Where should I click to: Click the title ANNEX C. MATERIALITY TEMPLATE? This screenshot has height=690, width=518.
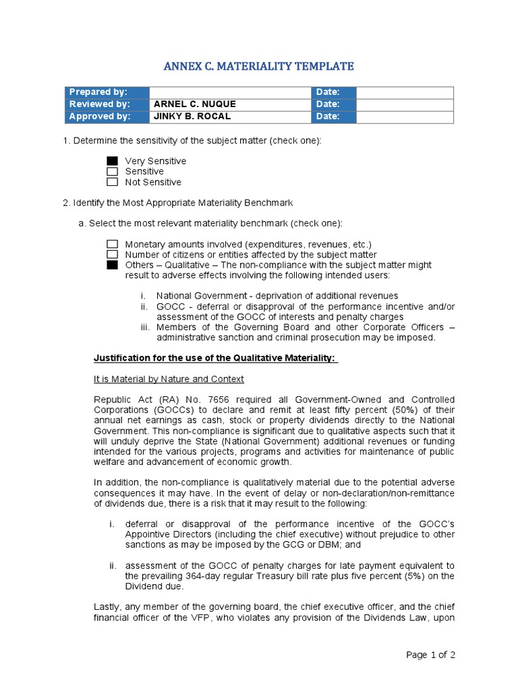[259, 66]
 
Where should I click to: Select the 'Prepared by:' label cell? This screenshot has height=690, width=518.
[107, 92]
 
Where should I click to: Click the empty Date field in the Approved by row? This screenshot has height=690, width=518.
[405, 117]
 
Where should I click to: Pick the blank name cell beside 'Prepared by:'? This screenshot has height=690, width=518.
[229, 92]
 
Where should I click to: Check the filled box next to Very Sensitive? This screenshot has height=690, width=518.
[112, 161]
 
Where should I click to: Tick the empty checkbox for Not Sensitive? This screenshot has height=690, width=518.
[112, 182]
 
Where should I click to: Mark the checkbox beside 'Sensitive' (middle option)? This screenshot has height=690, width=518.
[112, 172]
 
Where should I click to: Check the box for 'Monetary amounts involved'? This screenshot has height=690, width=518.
[112, 245]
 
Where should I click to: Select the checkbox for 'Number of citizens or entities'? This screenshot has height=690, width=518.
[112, 255]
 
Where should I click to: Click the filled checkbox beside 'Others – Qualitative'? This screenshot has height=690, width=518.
[112, 265]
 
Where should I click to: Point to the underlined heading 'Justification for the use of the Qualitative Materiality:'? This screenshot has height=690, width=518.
[215, 358]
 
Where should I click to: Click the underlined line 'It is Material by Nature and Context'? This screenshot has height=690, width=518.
[169, 379]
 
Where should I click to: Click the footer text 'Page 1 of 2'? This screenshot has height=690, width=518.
[430, 655]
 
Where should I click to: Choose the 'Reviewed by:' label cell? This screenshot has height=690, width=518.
[107, 104]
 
